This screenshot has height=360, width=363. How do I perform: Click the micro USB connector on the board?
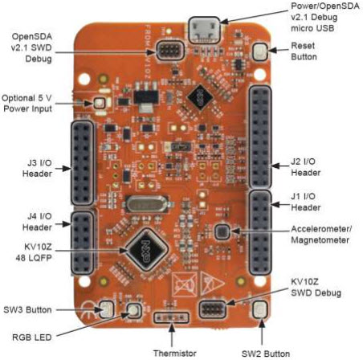[204, 31]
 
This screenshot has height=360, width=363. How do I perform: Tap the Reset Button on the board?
[260, 51]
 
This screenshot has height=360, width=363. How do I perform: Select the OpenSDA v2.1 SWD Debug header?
[170, 50]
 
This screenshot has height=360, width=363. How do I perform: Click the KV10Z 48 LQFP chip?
[147, 250]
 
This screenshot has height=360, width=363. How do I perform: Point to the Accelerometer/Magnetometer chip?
[222, 231]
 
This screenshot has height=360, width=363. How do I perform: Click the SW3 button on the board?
[107, 309]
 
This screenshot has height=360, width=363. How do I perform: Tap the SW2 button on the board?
[260, 309]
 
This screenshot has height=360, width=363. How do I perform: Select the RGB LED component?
[133, 310]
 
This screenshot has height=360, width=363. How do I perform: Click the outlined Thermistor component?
[171, 317]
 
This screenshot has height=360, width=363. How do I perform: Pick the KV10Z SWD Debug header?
[213, 309]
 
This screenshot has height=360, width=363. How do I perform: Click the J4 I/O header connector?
[83, 243]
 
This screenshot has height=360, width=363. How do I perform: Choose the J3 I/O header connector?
[83, 162]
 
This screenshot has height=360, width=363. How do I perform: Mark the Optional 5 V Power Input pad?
[99, 103]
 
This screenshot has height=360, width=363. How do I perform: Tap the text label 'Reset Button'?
[304, 51]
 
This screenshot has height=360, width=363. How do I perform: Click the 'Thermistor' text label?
[175, 353]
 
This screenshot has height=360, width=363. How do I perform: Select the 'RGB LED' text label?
[32, 337]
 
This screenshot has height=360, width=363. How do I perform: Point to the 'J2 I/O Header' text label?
[306, 167]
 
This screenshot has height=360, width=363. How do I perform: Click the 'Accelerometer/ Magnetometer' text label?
[321, 235]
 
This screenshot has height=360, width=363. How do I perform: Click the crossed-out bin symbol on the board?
[185, 284]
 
